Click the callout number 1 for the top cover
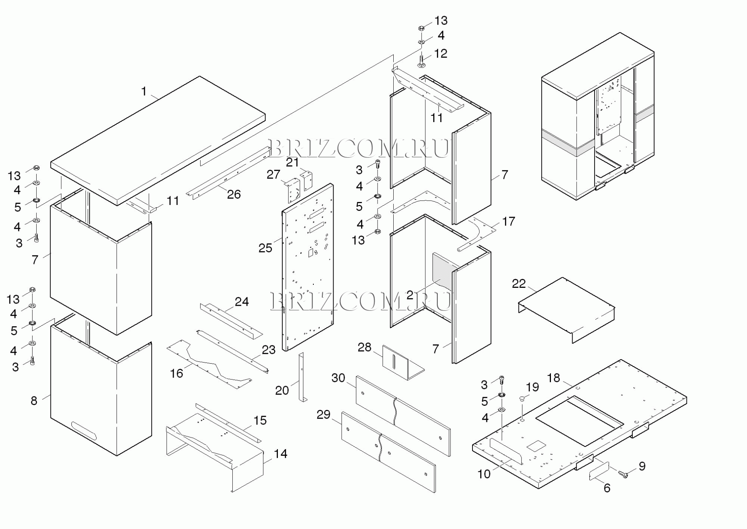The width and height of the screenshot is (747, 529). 144,91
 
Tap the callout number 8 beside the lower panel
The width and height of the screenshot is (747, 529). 34,401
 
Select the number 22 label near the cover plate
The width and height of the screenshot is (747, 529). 519,284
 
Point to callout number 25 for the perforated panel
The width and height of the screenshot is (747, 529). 265,248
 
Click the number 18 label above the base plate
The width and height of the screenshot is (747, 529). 554,378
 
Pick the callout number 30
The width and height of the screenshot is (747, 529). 338,378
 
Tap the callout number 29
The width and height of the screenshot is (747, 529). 323,414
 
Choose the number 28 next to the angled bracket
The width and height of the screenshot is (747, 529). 365,348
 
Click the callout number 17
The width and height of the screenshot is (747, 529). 508,222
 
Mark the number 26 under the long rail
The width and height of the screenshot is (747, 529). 234,194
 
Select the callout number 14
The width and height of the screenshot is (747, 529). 280,454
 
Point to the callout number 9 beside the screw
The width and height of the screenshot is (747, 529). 642,466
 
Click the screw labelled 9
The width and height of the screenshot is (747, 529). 623,474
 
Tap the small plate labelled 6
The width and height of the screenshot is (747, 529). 599,471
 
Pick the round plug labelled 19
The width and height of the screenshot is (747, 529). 522,399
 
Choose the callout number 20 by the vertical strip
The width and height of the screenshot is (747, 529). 282,390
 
